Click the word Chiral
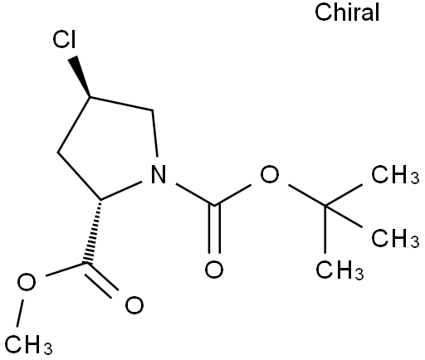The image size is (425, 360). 347,12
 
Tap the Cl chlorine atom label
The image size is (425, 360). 64,40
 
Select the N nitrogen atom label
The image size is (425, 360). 159,174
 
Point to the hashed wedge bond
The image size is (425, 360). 94,231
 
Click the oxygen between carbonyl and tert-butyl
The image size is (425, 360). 269,174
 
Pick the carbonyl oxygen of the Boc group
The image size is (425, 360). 214,269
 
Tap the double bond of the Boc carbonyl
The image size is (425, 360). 214,229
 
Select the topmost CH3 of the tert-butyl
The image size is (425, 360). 395,174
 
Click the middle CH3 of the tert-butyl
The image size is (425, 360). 395,237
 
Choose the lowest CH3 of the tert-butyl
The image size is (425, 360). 340,270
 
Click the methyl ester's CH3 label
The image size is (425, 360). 28,344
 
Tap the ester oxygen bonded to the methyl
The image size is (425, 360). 27,282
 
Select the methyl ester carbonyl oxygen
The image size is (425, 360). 134,305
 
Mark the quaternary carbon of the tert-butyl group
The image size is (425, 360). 325,206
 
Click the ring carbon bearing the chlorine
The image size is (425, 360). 90,97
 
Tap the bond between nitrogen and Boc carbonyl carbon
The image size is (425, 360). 195,194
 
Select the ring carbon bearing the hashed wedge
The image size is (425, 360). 100,200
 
